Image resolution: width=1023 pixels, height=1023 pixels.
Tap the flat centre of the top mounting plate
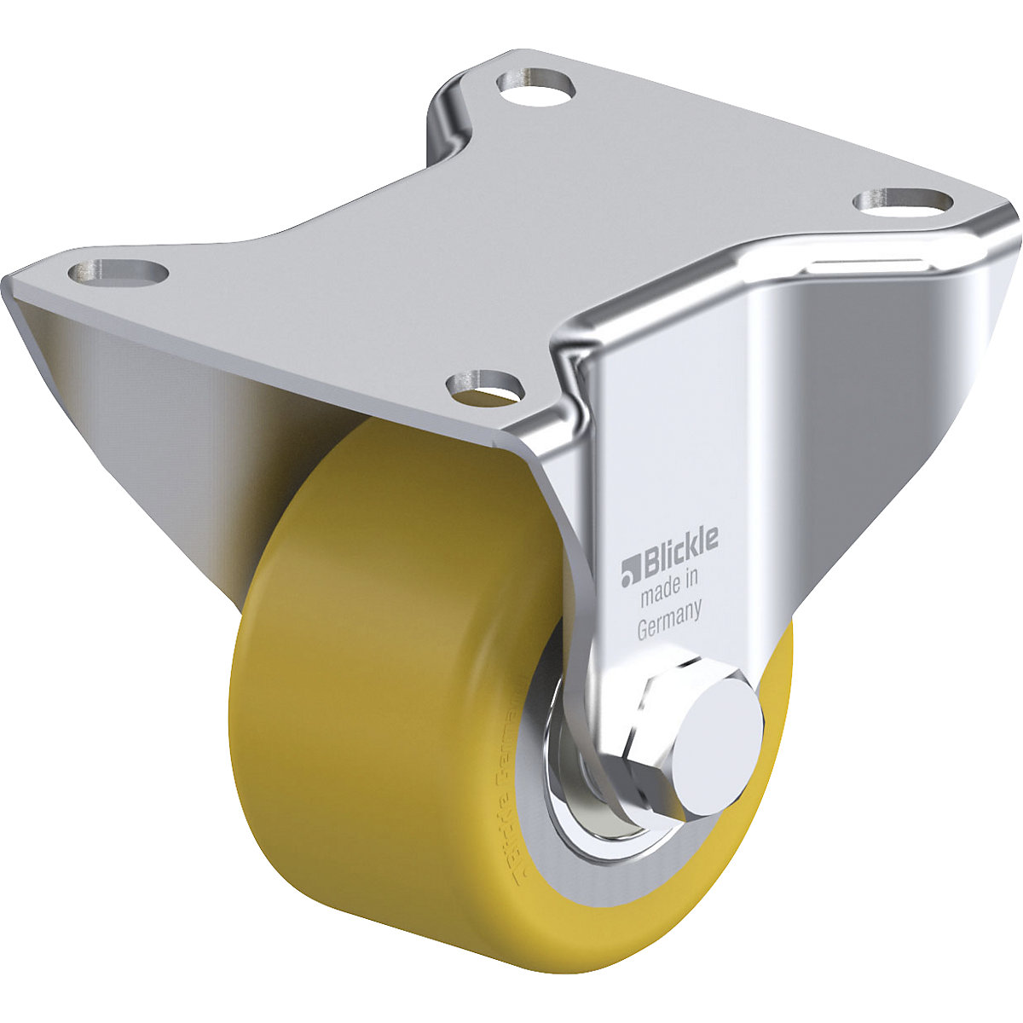tap(511, 230)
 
